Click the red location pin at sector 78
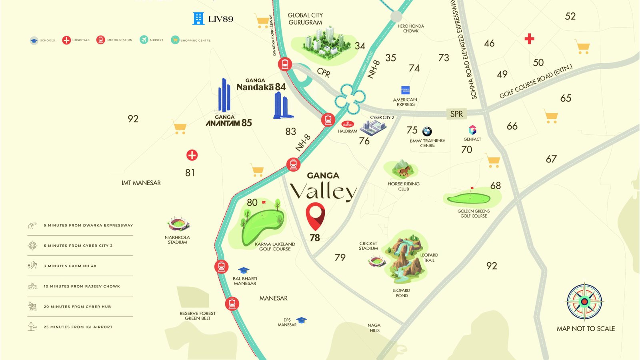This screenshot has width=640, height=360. tap(315, 215)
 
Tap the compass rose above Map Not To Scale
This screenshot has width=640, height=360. tap(584, 302)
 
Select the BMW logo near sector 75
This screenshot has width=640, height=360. tap(427, 131)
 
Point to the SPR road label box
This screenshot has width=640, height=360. tap(456, 114)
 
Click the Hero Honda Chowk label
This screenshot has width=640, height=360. tap(411, 28)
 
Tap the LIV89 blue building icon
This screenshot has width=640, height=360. tap(198, 18)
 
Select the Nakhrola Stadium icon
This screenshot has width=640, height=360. tap(178, 224)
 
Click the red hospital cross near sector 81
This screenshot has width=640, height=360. tap(192, 155)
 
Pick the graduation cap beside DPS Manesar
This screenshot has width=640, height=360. tap(302, 320)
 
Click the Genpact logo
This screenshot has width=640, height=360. tap(472, 130)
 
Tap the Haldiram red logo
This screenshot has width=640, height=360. tap(348, 124)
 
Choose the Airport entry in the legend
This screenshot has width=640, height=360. tap(151, 40)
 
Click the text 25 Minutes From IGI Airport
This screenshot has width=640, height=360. tap(78, 327)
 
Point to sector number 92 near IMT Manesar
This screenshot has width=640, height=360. tap(133, 119)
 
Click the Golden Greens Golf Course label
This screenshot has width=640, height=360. tap(474, 214)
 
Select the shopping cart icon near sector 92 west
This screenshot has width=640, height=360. tap(179, 128)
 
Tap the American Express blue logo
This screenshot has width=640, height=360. tap(405, 90)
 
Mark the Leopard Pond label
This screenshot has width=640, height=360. tap(402, 293)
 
